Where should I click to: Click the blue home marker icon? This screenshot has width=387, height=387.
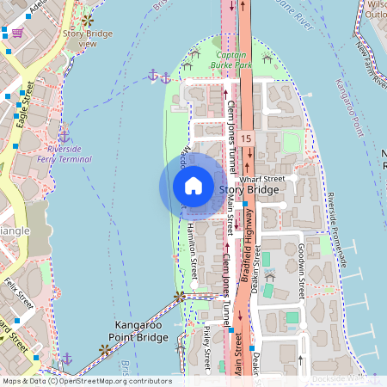click(193, 186)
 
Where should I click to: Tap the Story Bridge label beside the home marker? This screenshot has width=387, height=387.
click(249, 189)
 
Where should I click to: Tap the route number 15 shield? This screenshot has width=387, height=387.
click(247, 138)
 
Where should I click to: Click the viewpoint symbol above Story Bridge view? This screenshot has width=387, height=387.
click(87, 19)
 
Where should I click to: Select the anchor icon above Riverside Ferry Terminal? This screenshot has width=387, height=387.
click(64, 135)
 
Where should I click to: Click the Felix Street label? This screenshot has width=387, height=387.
click(17, 292)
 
